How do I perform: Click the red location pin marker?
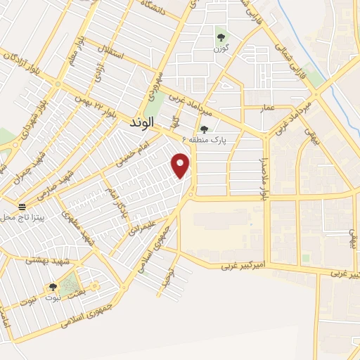pyautogui.click(x=181, y=167)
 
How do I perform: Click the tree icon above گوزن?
pyautogui.click(x=221, y=37)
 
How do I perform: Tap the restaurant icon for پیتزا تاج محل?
pyautogui.click(x=22, y=208)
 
